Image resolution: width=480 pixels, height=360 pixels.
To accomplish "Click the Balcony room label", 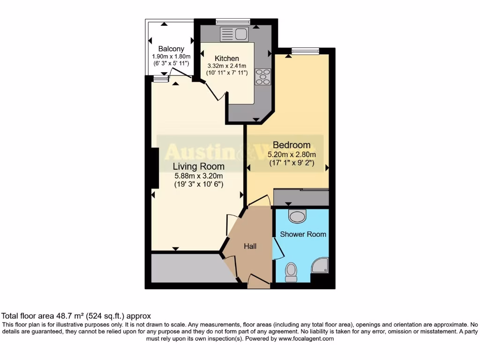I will pyautogui.click(x=171, y=49).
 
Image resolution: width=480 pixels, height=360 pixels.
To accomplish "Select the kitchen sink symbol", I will pyautogui.click(x=234, y=34).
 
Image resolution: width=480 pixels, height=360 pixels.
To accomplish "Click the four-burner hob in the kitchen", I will pyautogui.click(x=263, y=77).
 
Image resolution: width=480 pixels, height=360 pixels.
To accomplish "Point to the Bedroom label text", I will pyautogui.click(x=292, y=145).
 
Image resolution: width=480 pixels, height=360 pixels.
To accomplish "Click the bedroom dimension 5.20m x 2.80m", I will pyautogui.click(x=292, y=154).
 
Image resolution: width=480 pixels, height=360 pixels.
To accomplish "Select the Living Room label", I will pyautogui.click(x=198, y=166).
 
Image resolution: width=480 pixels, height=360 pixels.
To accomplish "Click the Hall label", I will pyautogui.click(x=250, y=246).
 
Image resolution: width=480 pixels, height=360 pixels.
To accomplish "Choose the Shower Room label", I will pyautogui.click(x=303, y=234).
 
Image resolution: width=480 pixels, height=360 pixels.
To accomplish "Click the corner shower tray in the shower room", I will pyautogui.click(x=320, y=265).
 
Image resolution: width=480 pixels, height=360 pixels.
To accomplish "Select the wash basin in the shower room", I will pyautogui.click(x=297, y=216).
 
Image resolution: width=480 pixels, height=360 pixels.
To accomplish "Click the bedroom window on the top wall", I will pyautogui.click(x=305, y=51).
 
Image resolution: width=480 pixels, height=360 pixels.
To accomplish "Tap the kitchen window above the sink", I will pyautogui.click(x=233, y=21).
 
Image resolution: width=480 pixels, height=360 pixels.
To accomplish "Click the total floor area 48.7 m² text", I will pyautogui.click(x=76, y=316).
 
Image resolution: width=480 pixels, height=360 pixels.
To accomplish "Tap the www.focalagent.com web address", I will pyautogui.click(x=305, y=338).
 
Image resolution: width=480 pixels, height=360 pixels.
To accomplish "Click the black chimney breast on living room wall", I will pyautogui.click(x=155, y=168).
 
